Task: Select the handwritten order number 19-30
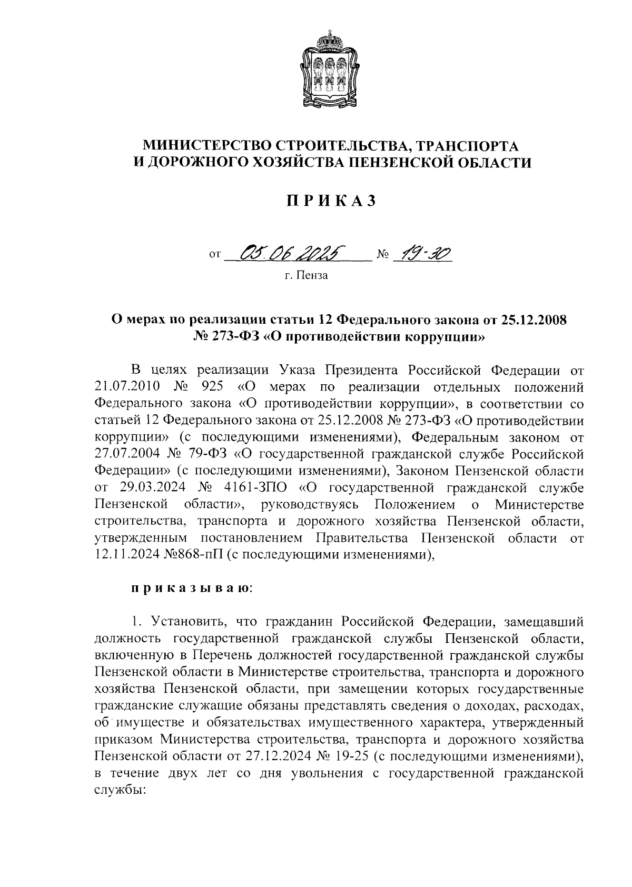[422, 255]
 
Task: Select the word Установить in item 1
[182, 622]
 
